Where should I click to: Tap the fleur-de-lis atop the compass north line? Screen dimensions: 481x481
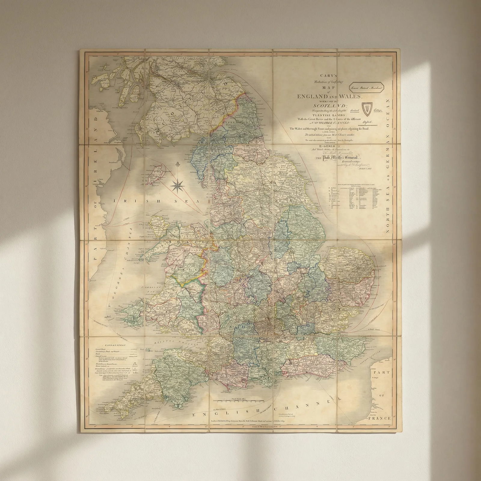coord(178,165)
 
